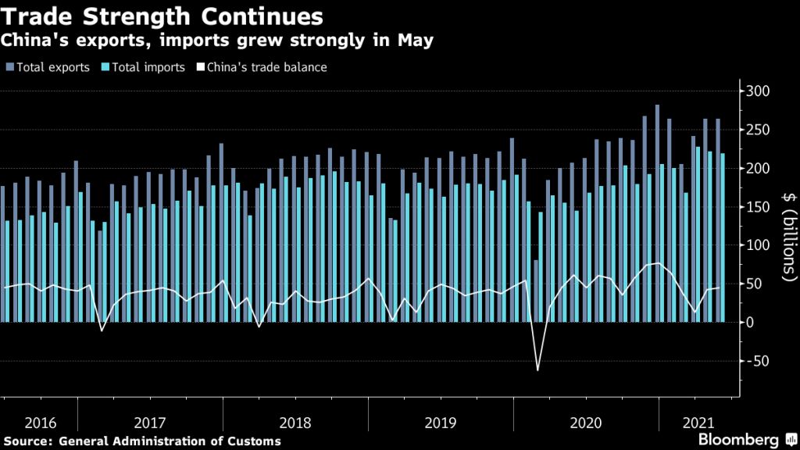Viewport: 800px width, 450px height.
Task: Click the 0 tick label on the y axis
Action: coord(750,322)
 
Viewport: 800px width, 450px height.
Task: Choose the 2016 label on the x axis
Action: coord(40,423)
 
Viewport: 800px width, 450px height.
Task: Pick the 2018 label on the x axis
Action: coord(295,423)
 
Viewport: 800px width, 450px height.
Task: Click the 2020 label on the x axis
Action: coord(585,423)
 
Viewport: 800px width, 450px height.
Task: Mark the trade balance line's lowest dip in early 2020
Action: coord(537,369)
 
